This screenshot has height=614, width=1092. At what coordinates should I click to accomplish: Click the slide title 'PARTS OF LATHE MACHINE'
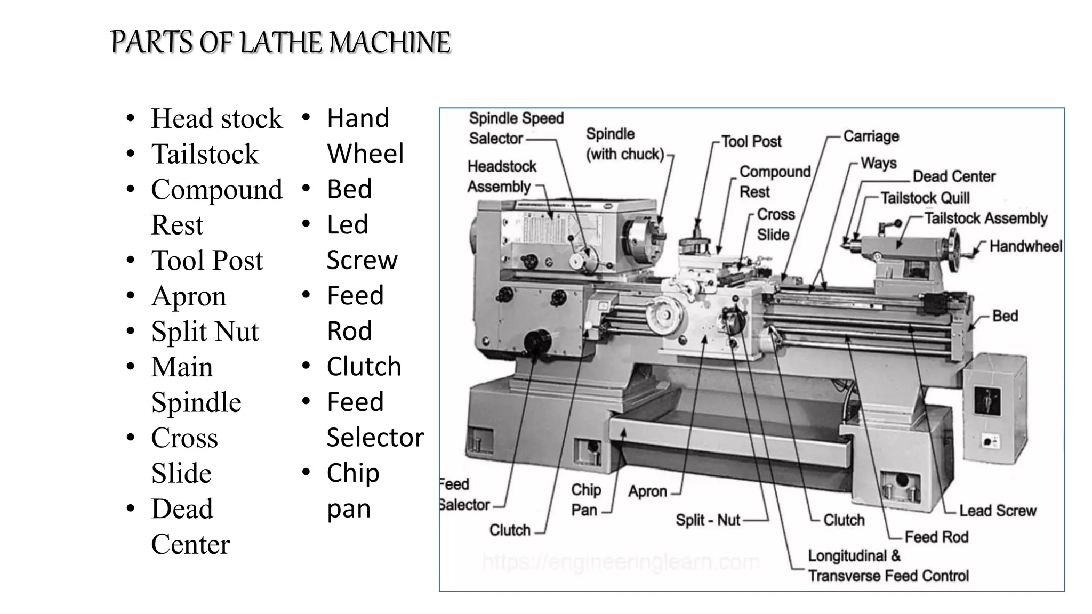coord(280,43)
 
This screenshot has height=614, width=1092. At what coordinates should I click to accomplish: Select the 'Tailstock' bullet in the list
coord(205,154)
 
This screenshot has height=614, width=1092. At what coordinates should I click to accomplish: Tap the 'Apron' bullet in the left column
coord(189,296)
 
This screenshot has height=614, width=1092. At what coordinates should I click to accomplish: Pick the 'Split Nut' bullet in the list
coord(205,332)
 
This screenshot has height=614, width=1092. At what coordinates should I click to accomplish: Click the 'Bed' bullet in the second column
coord(349,189)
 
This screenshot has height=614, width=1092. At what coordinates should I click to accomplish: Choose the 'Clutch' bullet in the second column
coord(364,367)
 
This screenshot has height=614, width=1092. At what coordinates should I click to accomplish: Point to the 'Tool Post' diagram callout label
coord(751,141)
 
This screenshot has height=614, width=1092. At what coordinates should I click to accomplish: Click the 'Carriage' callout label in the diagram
coord(871,136)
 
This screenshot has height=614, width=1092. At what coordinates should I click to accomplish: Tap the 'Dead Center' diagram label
coord(954,176)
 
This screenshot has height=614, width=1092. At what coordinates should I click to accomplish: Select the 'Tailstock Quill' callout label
coord(925,198)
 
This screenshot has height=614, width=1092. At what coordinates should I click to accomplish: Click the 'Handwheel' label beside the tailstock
coord(1025,246)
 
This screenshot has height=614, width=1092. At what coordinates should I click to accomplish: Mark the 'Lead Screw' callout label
coord(998,511)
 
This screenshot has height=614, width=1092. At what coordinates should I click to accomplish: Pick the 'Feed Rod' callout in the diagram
coord(936,537)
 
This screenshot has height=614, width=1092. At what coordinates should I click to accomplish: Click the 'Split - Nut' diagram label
coord(708,520)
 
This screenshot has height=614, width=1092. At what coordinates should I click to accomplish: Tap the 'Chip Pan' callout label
coord(585,500)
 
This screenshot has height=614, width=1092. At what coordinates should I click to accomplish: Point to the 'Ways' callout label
coord(879,163)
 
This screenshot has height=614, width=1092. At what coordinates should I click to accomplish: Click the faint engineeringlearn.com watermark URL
coord(621,562)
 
